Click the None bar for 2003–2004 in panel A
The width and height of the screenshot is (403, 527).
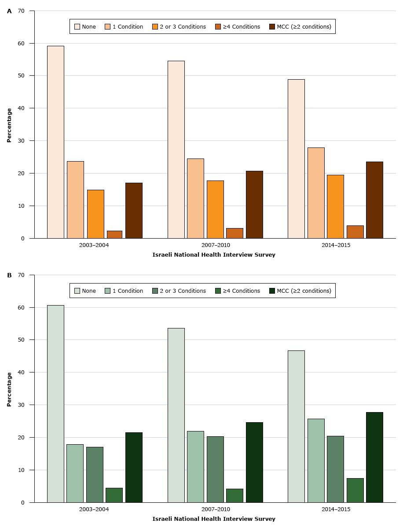click(x=55, y=142)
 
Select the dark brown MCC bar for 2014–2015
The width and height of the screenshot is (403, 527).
click(x=374, y=200)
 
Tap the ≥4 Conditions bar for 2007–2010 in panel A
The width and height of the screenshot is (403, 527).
click(x=234, y=233)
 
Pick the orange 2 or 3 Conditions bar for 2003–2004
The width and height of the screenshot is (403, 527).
click(x=95, y=214)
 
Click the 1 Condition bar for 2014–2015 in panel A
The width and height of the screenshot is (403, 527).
click(x=316, y=193)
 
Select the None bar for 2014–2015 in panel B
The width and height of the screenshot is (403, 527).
click(x=296, y=426)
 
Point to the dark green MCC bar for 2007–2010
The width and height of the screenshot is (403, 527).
click(x=254, y=462)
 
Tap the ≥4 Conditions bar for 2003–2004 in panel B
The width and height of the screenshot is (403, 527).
click(x=114, y=495)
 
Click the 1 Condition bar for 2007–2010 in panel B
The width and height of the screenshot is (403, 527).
click(x=195, y=467)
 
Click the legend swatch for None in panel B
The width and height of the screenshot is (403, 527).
click(x=77, y=291)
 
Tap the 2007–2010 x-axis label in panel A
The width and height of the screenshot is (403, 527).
click(x=215, y=245)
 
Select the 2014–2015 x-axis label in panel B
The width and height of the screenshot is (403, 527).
click(x=335, y=509)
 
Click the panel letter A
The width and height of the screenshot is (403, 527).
click(x=9, y=11)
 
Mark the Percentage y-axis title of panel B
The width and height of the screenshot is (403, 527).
click(x=9, y=389)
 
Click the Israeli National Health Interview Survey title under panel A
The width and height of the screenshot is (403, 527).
click(x=214, y=255)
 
